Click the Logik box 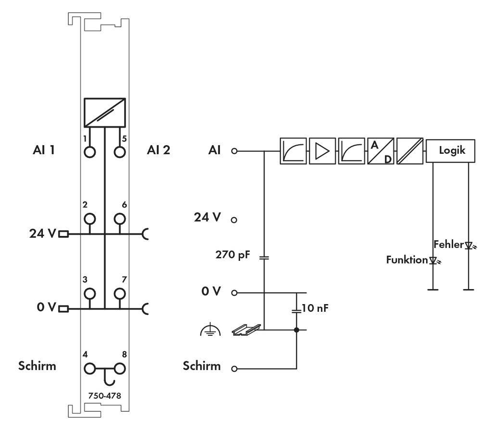(x=452, y=150)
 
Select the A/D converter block (x=380, y=151)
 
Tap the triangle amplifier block (x=322, y=151)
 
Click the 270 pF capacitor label (x=232, y=255)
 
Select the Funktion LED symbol (x=434, y=260)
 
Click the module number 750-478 (x=104, y=396)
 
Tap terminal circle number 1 (x=90, y=152)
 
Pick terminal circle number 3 (x=90, y=294)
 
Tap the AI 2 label (x=158, y=150)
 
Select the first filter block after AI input (x=293, y=151)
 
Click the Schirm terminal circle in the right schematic (x=234, y=369)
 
